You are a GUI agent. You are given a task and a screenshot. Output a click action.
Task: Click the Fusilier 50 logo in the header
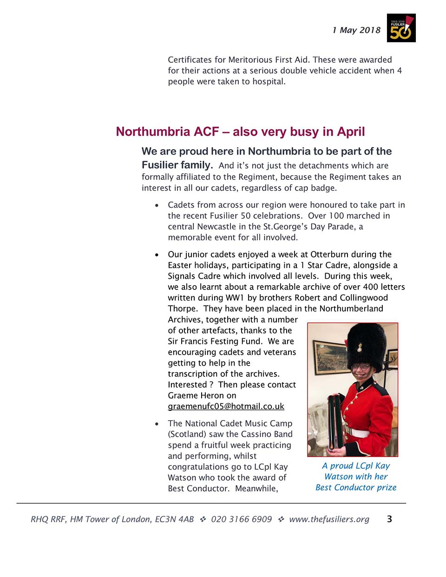coord(401,28)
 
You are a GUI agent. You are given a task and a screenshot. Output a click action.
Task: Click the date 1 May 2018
coord(356,30)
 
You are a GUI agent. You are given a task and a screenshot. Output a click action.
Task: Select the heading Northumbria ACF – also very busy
coord(240,131)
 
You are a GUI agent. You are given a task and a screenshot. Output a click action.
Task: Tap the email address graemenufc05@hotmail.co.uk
coord(226,406)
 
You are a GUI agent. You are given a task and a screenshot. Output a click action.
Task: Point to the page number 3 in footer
coord(389,519)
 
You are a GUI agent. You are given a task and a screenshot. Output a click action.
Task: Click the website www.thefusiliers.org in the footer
coord(329,519)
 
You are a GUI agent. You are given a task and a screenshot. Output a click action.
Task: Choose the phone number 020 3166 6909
coord(241,519)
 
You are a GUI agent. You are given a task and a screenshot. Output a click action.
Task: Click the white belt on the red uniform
coord(359,433)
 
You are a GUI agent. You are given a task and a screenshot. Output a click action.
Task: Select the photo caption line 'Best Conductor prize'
coord(356,487)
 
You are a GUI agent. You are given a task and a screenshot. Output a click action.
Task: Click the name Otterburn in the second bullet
coord(329,254)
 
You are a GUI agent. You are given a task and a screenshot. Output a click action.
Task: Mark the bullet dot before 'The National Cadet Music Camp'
coord(157,424)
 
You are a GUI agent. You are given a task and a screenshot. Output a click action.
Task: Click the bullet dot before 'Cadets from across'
coord(157,205)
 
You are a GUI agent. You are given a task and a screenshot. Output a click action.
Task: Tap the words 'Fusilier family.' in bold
coord(177,165)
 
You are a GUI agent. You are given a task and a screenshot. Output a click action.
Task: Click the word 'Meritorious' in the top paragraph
coord(250,59)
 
